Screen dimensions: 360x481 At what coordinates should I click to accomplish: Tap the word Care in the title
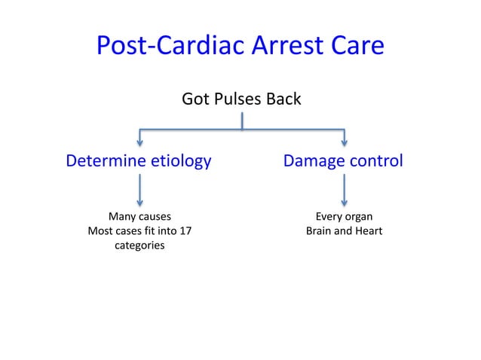pos(357,47)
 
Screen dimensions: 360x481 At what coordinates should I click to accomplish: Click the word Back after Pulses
pos(284,99)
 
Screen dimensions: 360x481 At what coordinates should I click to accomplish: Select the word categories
pos(139,246)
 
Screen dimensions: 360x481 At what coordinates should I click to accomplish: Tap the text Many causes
pos(139,216)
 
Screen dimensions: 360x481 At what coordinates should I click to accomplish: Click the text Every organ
pos(344,216)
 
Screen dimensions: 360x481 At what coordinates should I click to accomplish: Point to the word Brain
pos(320,230)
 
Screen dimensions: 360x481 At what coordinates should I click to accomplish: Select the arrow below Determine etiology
pos(139,191)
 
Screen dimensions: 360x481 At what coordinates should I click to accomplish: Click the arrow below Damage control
pos(345,191)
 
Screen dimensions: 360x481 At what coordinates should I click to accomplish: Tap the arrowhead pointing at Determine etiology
pos(139,142)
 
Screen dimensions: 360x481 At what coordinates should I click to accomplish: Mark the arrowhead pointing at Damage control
pos(345,142)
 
